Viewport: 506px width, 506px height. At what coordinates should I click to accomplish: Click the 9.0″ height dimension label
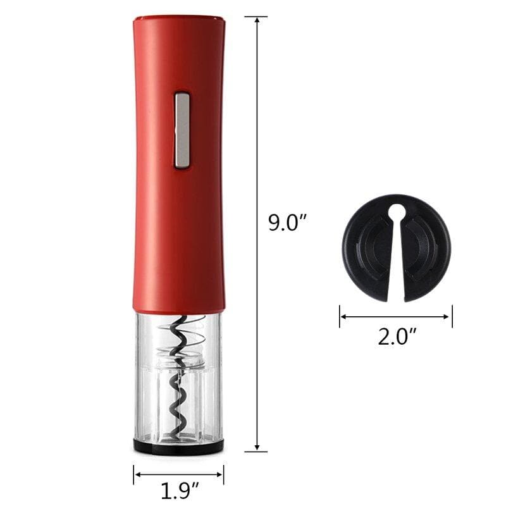point(287,222)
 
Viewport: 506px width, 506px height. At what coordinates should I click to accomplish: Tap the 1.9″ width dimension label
point(180,491)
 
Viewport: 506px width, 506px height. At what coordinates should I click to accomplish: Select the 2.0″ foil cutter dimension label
point(397,336)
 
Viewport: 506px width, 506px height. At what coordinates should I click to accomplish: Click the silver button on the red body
point(182,130)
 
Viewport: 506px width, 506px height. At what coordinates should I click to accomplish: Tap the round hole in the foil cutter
point(397,212)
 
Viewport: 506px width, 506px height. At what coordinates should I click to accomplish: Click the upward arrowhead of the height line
point(257,20)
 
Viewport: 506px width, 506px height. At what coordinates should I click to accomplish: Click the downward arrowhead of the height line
point(257,447)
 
